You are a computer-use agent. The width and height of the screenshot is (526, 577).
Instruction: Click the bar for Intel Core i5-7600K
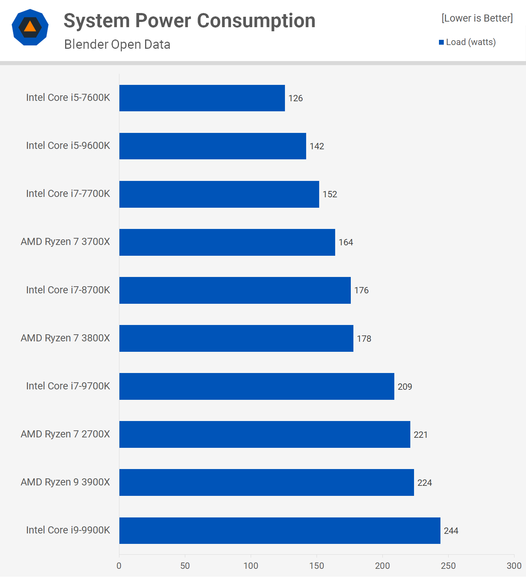coord(202,98)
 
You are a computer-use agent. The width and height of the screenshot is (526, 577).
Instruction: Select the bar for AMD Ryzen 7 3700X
coord(227,242)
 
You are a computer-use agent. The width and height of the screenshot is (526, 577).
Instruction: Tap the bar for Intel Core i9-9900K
coord(280,530)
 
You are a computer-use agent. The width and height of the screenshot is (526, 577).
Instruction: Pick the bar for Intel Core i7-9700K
coord(257,386)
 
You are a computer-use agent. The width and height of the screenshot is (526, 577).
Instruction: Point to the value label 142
coord(317,146)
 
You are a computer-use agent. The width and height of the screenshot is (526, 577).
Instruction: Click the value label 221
coord(421,435)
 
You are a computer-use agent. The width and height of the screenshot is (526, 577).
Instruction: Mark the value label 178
coord(364,339)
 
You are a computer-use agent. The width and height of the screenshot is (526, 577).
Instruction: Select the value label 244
coord(451,531)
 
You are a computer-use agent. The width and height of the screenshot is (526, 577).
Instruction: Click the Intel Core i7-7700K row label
coord(68,194)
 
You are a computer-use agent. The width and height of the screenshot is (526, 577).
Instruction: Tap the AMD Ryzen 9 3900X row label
coord(65,482)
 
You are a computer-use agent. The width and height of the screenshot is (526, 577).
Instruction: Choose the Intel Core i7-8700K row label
coord(68,290)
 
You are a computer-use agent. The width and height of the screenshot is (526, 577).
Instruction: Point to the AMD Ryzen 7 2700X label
coord(65,434)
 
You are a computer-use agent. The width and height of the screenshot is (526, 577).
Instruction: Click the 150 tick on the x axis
coord(317,566)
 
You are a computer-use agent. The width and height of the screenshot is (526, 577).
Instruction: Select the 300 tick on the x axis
coord(514,566)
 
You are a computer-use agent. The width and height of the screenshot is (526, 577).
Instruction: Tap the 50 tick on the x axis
coord(185,566)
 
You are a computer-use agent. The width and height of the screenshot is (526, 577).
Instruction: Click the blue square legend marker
coord(442,42)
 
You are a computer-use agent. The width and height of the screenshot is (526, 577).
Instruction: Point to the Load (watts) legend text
coord(471,42)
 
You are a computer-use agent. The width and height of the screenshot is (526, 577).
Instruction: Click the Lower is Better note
coord(477,18)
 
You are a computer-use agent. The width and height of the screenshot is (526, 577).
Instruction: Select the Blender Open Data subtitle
coord(117,44)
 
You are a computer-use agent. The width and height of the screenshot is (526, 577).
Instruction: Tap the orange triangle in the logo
coord(30,27)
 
